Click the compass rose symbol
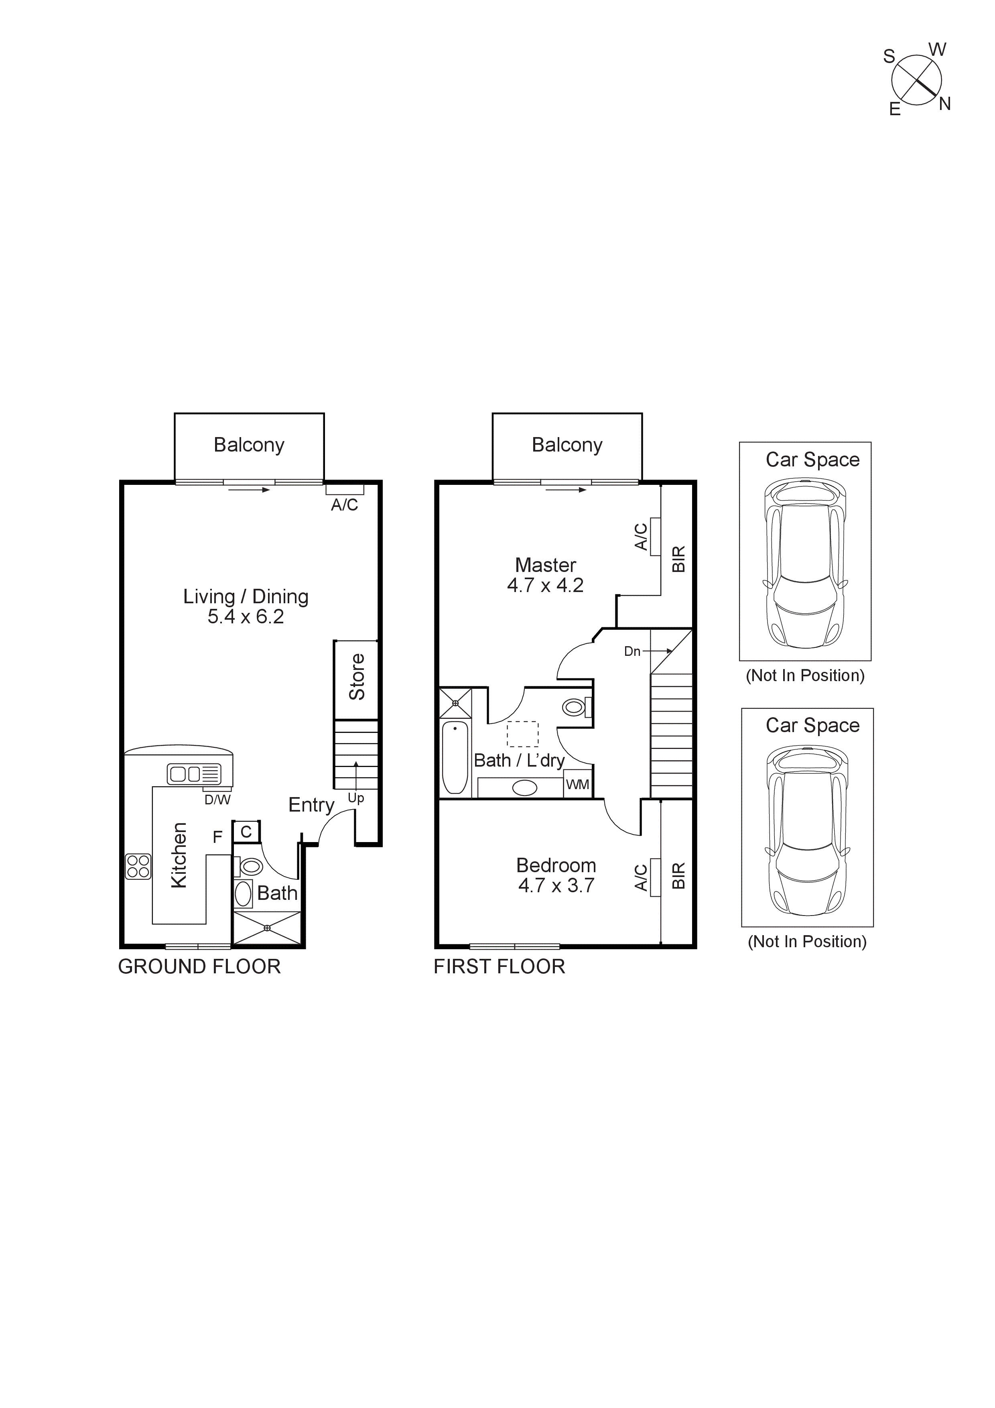pyautogui.click(x=916, y=80)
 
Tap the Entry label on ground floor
pyautogui.click(x=311, y=805)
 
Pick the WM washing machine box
pyautogui.click(x=577, y=784)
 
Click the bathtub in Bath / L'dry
pyautogui.click(x=455, y=758)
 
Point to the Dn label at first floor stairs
pyautogui.click(x=632, y=651)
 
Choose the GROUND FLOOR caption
pyautogui.click(x=199, y=966)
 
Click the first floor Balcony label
pyautogui.click(x=567, y=445)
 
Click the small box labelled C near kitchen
pyautogui.click(x=246, y=832)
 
